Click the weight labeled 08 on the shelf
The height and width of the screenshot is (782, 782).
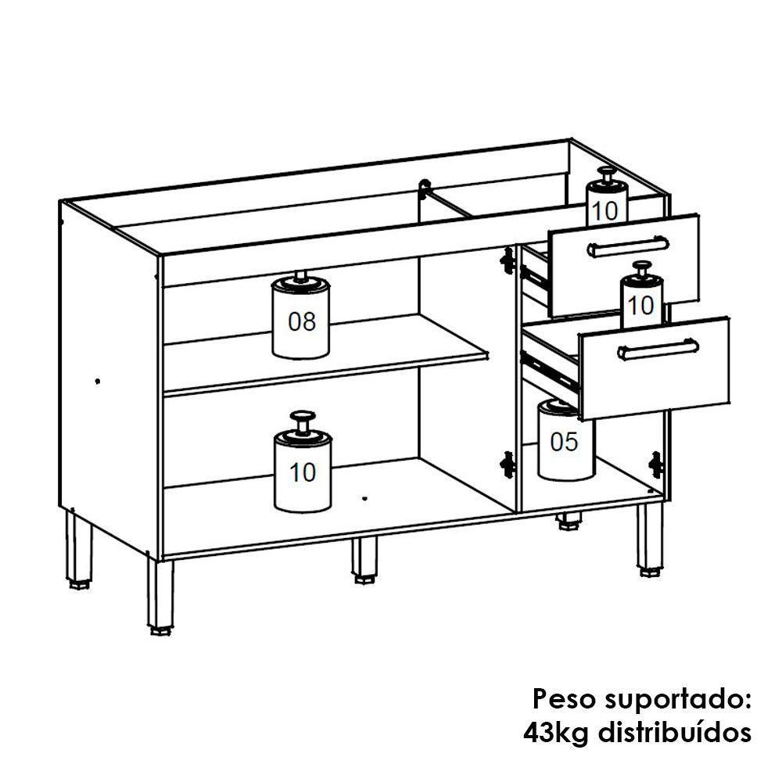pyautogui.click(x=301, y=320)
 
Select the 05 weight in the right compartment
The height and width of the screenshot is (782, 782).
pyautogui.click(x=565, y=442)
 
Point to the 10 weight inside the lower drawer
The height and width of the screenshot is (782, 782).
pyautogui.click(x=642, y=300)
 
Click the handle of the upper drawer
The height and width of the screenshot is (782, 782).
pyautogui.click(x=627, y=247)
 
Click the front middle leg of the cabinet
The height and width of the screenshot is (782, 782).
pyautogui.click(x=364, y=561)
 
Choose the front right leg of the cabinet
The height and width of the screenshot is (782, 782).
pyautogui.click(x=649, y=540)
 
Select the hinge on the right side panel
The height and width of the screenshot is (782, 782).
pyautogui.click(x=655, y=465)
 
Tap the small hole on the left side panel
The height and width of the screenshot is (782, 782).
pyautogui.click(x=97, y=382)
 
